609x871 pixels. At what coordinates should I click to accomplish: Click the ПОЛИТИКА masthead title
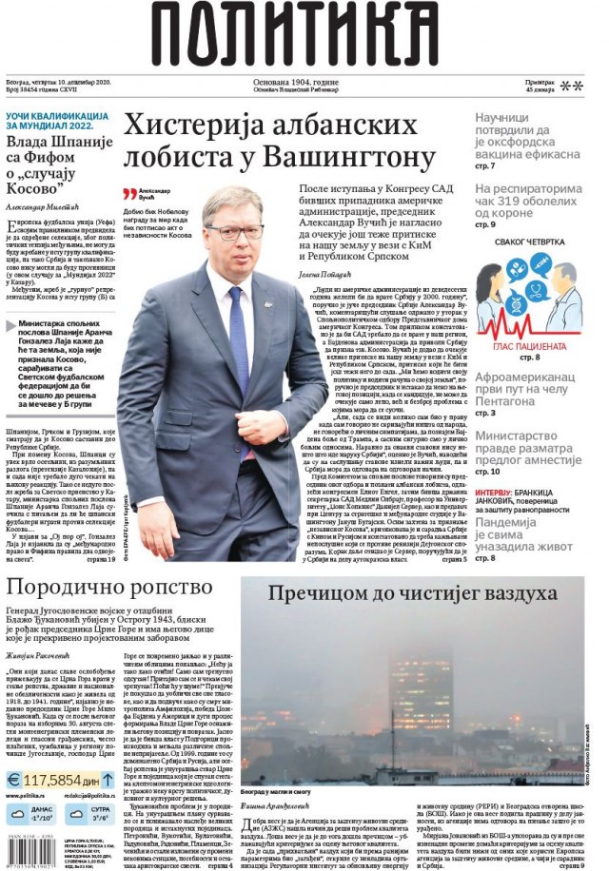coord(305,36)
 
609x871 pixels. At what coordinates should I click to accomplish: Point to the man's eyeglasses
coord(235,231)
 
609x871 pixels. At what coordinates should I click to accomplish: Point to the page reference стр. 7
coord(487,165)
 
